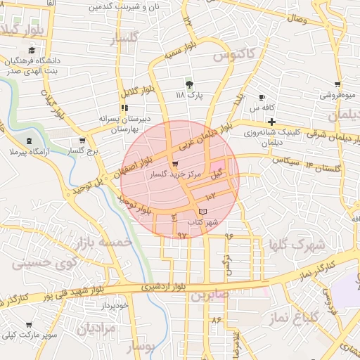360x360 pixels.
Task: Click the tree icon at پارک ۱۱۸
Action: pyautogui.click(x=188, y=83)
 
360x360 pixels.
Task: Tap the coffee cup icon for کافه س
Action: pyautogui.click(x=262, y=97)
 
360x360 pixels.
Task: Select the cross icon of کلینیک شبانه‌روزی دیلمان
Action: pyautogui.click(x=271, y=122)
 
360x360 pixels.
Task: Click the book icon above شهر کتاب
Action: pyautogui.click(x=203, y=211)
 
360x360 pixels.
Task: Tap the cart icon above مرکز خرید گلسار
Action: pyautogui.click(x=174, y=163)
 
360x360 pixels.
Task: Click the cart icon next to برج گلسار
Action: pyautogui.click(x=82, y=140)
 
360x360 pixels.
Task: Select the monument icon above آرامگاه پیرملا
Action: pyautogui.click(x=29, y=141)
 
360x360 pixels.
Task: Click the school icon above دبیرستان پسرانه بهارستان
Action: pyautogui.click(x=124, y=108)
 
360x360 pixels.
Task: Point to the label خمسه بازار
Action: pyautogui.click(x=106, y=242)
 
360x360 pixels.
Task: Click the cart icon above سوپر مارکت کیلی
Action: pyautogui.click(x=29, y=325)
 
